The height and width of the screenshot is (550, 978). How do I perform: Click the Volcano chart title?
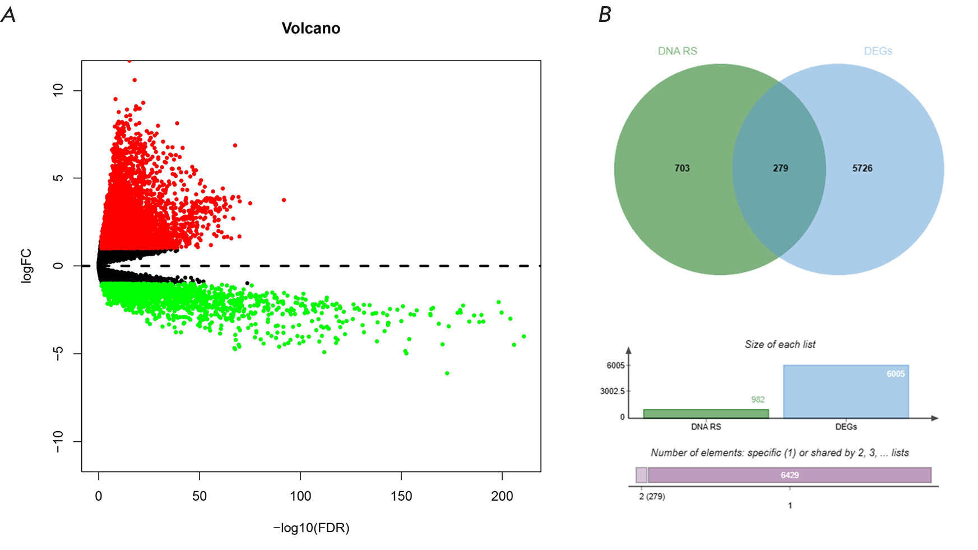(x=310, y=29)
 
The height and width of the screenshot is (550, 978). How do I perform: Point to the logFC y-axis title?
(x=26, y=266)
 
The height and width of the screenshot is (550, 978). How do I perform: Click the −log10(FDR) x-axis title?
(x=311, y=528)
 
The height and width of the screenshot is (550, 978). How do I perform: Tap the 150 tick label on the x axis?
(x=401, y=496)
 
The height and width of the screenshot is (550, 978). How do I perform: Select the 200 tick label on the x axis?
(x=502, y=496)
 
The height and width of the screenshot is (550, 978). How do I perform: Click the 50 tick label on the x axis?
(x=200, y=496)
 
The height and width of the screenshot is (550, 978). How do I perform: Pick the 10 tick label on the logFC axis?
(x=58, y=90)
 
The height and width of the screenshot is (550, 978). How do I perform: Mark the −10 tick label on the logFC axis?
(x=58, y=442)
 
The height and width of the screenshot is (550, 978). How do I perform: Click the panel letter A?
(x=8, y=15)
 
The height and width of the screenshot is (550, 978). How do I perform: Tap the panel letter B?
(x=605, y=15)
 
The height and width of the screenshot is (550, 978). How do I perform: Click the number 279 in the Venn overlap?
(x=780, y=168)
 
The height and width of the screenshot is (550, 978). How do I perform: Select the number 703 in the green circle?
(x=682, y=168)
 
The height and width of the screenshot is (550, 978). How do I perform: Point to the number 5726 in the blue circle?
(x=862, y=168)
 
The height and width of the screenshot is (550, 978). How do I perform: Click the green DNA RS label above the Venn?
(x=678, y=51)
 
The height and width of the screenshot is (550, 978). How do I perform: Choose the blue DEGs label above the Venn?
(x=878, y=51)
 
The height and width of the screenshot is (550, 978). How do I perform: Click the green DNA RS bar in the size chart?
(x=706, y=414)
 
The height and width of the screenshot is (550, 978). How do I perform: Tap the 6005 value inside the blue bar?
(x=896, y=374)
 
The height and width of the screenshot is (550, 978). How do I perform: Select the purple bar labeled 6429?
(x=790, y=475)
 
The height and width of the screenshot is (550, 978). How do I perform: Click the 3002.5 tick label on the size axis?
(x=612, y=391)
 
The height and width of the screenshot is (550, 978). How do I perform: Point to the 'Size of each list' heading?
(x=780, y=344)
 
